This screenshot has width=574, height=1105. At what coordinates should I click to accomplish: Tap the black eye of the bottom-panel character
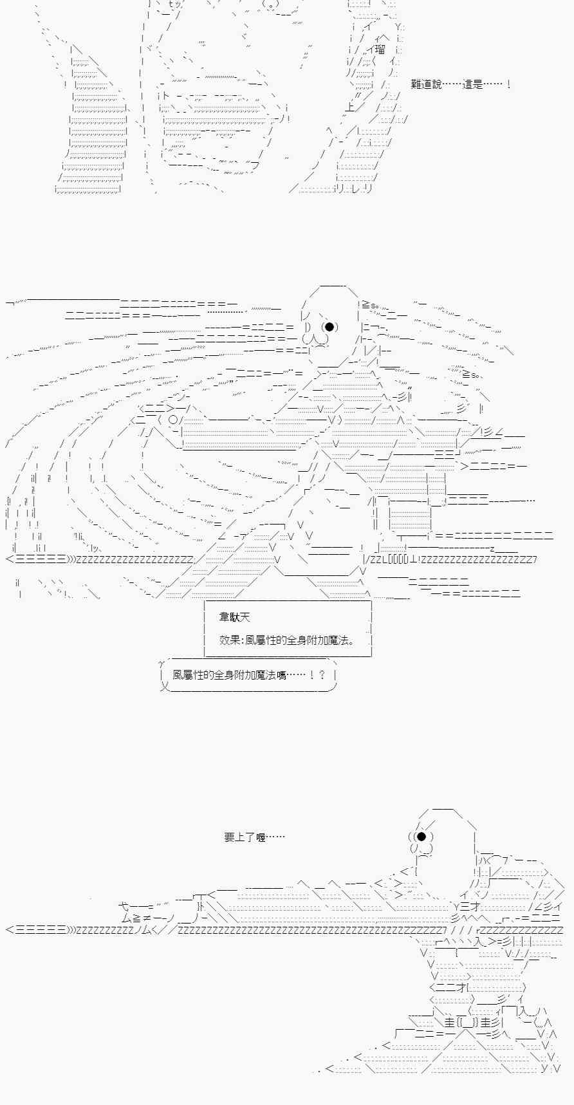[x=421, y=837]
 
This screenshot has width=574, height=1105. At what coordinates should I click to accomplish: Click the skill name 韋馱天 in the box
[x=234, y=617]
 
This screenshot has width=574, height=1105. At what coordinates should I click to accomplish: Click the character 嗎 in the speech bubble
[x=281, y=675]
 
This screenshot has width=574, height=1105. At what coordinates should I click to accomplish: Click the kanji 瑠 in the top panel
[x=380, y=50]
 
